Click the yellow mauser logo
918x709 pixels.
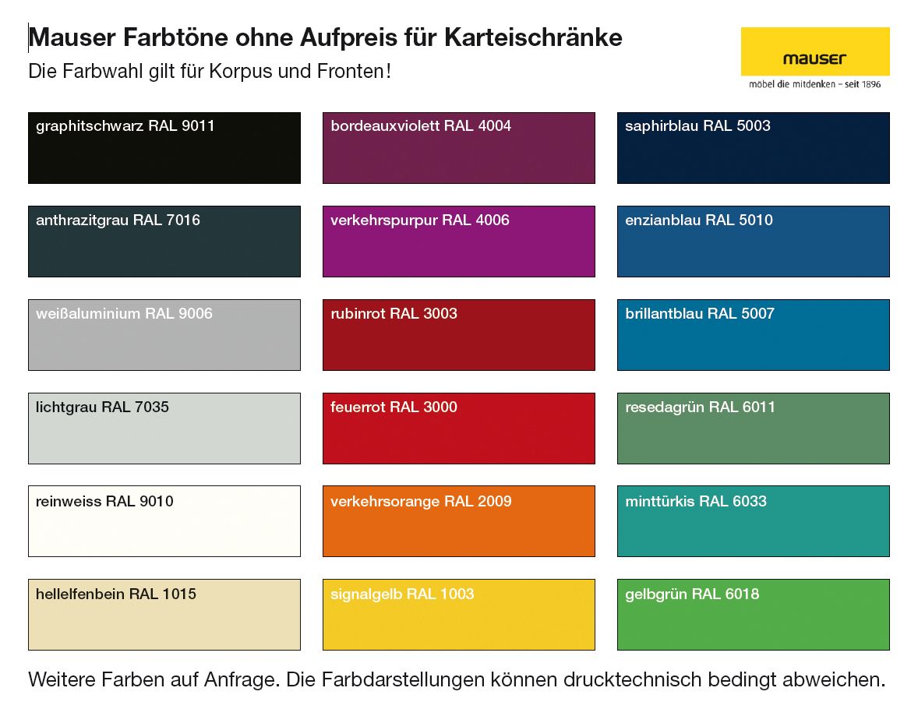pyautogui.click(x=814, y=51)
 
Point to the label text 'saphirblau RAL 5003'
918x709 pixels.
pyautogui.click(x=697, y=126)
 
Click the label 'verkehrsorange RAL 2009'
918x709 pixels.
pyautogui.click(x=421, y=501)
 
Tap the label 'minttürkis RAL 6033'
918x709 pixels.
pyautogui.click(x=696, y=501)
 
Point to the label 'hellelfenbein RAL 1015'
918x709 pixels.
pyautogui.click(x=116, y=594)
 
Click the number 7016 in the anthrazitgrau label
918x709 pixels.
pyautogui.click(x=183, y=220)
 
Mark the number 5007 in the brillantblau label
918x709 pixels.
pyautogui.click(x=757, y=314)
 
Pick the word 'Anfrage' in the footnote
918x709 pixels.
pyautogui.click(x=244, y=679)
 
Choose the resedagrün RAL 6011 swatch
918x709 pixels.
pyautogui.click(x=753, y=436)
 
